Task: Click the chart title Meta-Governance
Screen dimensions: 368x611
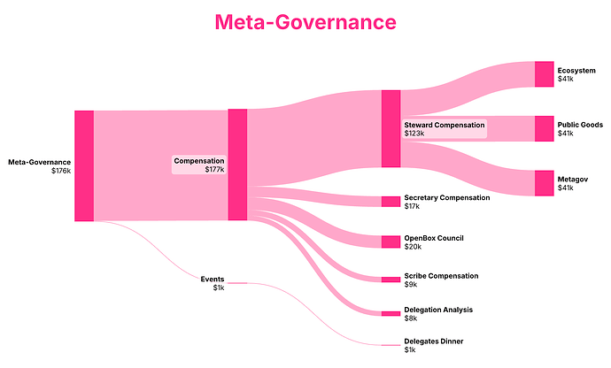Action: click(305, 21)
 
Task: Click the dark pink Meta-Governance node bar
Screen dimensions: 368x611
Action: click(84, 165)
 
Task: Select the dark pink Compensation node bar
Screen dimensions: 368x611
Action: click(237, 165)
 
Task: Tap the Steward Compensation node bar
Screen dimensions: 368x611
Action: click(391, 128)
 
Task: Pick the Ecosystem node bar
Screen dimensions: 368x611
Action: click(544, 74)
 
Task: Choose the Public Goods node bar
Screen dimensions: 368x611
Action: click(544, 128)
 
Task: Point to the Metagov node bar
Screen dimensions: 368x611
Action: click(544, 182)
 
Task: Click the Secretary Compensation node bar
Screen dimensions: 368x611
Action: click(391, 201)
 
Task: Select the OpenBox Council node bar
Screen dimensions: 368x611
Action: click(391, 241)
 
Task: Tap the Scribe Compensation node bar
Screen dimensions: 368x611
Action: click(391, 280)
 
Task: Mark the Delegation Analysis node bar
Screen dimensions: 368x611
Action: click(391, 313)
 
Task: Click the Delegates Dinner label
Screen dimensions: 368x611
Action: click(433, 341)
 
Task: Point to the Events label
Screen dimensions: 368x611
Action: click(213, 279)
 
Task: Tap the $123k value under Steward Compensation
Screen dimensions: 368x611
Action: click(415, 134)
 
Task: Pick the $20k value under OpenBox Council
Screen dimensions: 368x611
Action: click(413, 247)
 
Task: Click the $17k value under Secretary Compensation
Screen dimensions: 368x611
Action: click(412, 206)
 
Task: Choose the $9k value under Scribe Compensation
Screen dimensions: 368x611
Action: click(411, 285)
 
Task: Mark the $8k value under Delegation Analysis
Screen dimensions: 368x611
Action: click(411, 318)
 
